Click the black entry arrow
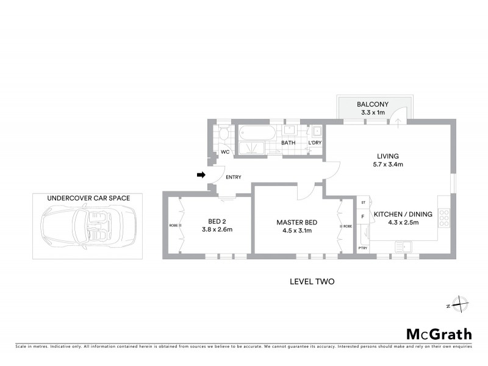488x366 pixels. (x=201, y=176)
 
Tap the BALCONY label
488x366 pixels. (x=372, y=104)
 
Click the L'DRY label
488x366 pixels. (x=315, y=143)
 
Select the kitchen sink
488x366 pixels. (x=404, y=246)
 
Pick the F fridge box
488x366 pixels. (x=364, y=216)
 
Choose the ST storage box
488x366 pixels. (x=364, y=202)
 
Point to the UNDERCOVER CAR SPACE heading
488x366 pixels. (x=88, y=198)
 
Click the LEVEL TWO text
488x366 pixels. (x=312, y=282)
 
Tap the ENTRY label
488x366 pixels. (x=234, y=178)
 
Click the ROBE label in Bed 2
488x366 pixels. (x=173, y=226)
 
